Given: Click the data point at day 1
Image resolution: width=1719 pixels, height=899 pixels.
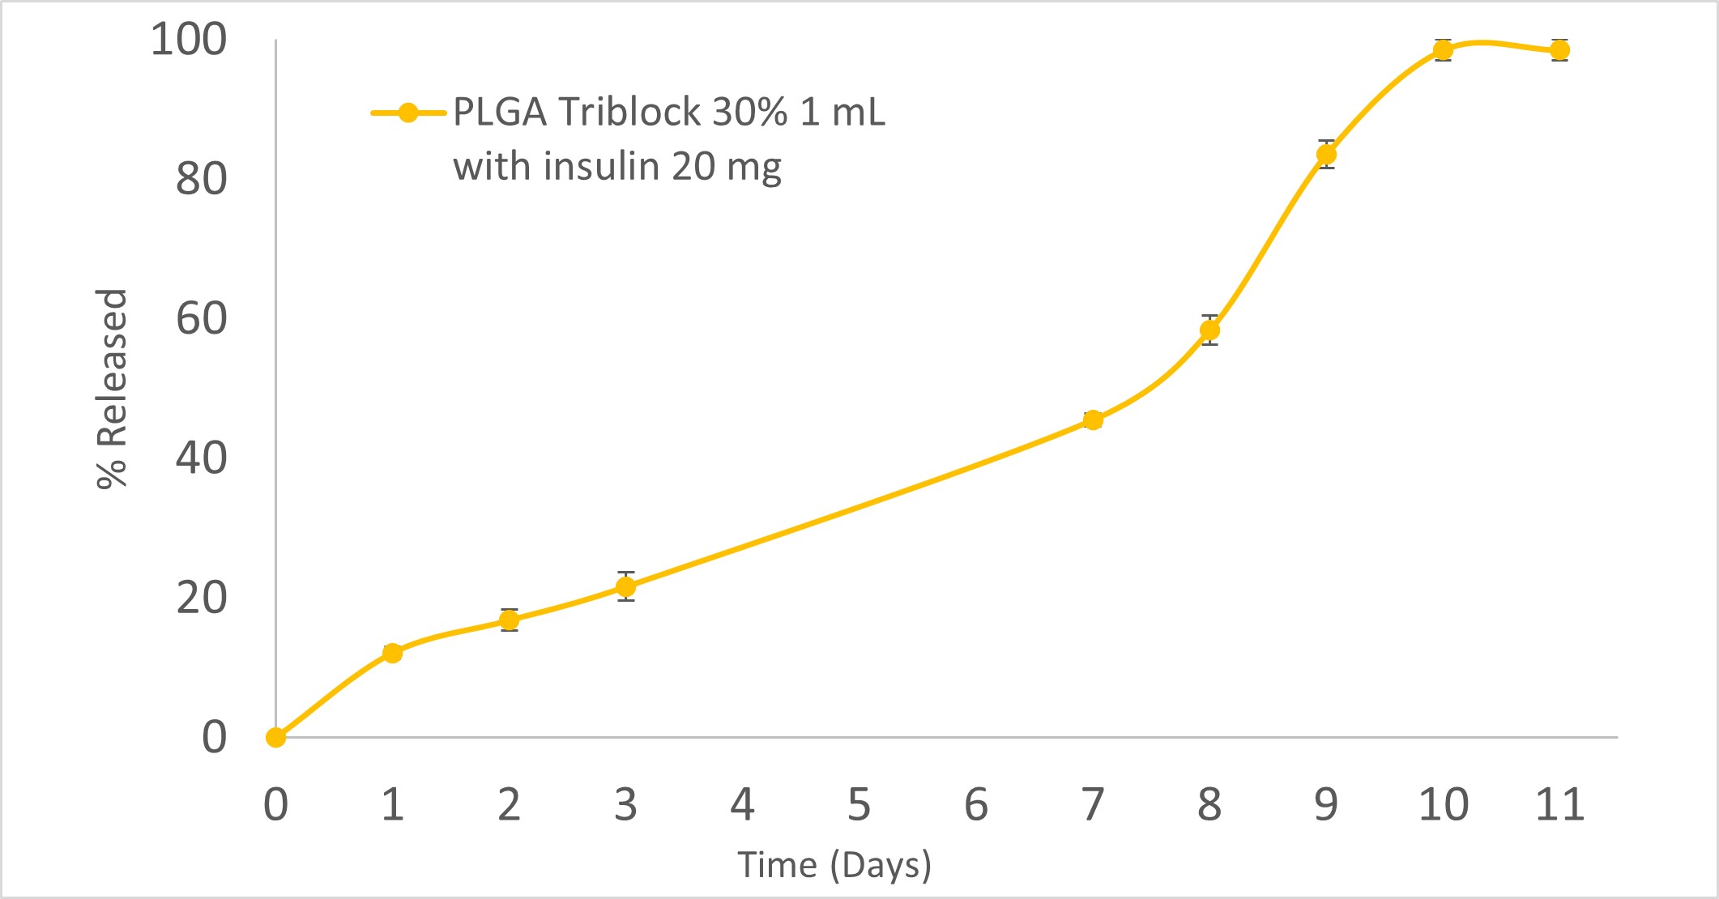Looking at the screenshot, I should (x=392, y=653).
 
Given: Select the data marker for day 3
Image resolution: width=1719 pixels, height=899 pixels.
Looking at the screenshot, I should (x=625, y=586).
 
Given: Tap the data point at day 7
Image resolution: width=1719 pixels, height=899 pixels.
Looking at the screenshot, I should (x=1093, y=420).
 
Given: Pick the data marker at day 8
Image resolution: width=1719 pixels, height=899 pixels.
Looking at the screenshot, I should (x=1209, y=330).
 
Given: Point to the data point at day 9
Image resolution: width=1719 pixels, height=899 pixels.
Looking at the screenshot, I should (x=1326, y=155).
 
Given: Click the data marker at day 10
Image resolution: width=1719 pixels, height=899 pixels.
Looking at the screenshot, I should (x=1443, y=50).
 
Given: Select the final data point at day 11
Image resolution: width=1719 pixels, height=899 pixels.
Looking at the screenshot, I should (x=1559, y=50).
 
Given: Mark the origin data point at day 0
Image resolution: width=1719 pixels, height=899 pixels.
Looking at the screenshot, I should (x=276, y=737).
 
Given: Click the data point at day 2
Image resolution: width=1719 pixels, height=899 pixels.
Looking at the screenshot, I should (x=509, y=620).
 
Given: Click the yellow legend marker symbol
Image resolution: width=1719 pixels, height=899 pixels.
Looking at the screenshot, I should (x=408, y=113).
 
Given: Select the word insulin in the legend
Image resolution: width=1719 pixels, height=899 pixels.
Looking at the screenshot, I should (x=601, y=166).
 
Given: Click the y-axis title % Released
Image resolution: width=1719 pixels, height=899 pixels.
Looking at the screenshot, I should (x=112, y=389).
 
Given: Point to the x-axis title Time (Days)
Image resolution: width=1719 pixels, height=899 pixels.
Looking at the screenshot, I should (x=834, y=865).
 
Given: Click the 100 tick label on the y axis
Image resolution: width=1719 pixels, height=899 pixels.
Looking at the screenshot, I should (x=189, y=40).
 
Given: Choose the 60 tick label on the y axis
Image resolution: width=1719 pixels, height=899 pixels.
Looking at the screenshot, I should (x=201, y=318).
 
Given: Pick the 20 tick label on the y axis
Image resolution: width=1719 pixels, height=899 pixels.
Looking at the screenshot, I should (x=201, y=598).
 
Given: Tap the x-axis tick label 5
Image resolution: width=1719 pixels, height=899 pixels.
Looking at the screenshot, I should (x=859, y=804).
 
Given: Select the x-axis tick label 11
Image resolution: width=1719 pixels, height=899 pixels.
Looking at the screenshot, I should (x=1559, y=804).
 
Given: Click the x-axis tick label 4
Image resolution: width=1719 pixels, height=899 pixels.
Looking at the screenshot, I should (x=742, y=804).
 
